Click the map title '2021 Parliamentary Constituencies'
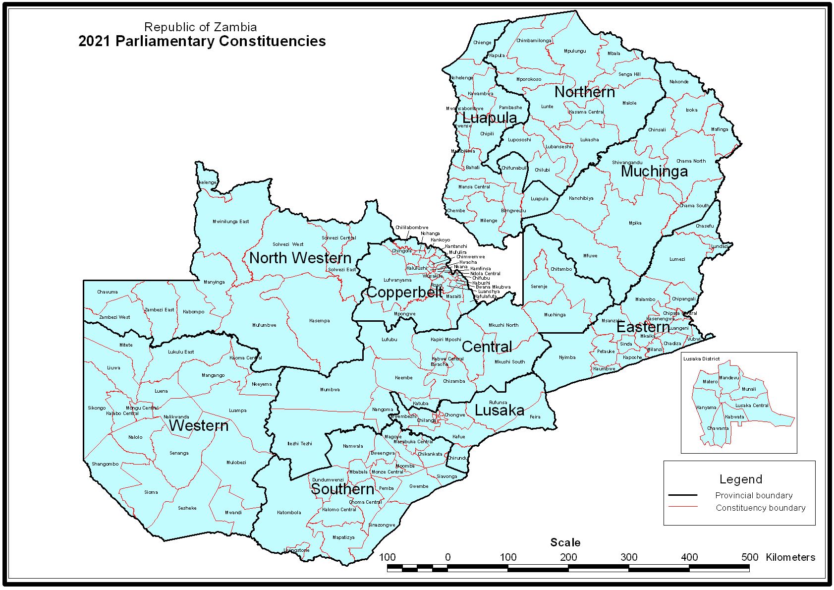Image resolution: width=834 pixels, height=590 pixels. [202, 41]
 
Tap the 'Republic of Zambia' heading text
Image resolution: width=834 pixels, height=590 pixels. [200, 27]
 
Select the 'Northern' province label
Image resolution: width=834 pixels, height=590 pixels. [584, 92]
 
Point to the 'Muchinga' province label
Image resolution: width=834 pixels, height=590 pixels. [654, 172]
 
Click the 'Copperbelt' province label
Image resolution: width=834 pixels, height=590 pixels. [404, 293]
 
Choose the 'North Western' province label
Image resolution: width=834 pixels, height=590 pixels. [300, 258]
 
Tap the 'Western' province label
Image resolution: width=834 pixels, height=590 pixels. [199, 426]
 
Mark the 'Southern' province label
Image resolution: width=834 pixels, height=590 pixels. [342, 489]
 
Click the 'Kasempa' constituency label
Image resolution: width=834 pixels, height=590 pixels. [319, 321]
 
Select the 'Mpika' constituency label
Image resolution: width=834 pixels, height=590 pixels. [635, 223]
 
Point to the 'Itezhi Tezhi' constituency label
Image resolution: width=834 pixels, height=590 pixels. [299, 444]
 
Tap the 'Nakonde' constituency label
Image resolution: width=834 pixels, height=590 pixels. [678, 82]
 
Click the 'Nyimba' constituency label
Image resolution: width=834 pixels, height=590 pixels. [567, 357]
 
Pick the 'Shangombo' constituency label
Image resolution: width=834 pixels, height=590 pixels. [105, 464]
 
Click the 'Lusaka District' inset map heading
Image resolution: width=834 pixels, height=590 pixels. [701, 358]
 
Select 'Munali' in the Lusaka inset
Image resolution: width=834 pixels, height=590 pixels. [749, 389]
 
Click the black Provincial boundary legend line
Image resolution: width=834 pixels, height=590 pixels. [682, 495]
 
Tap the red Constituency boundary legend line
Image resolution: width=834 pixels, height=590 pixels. [682, 507]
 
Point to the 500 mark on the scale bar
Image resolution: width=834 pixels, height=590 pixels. [749, 557]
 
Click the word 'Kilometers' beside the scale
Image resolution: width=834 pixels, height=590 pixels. [790, 557]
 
